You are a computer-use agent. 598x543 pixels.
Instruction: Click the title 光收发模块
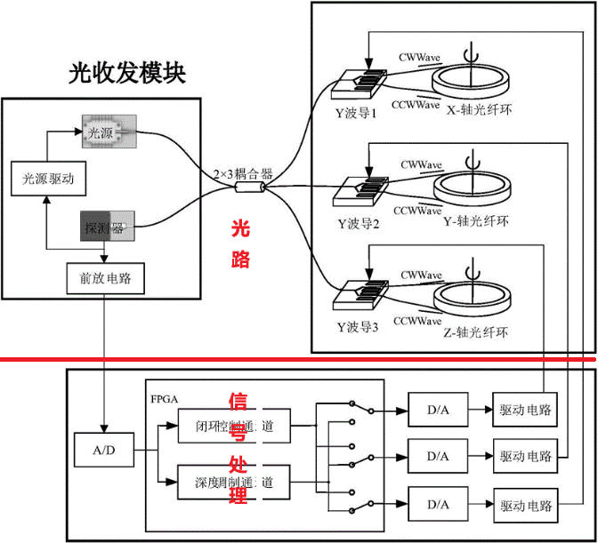pyautogui.click(x=127, y=74)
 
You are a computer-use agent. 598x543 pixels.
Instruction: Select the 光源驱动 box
pyautogui.click(x=48, y=179)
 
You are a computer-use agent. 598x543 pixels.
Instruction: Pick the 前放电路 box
pyautogui.click(x=105, y=279)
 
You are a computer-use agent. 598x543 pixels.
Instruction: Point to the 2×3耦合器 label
pyautogui.click(x=242, y=172)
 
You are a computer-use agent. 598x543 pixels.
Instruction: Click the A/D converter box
pyautogui.click(x=104, y=451)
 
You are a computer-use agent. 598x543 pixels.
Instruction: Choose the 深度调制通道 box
pyautogui.click(x=233, y=483)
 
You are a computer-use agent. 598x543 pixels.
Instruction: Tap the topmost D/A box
pyautogui.click(x=437, y=411)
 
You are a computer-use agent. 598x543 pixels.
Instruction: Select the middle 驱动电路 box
pyautogui.click(x=525, y=457)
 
